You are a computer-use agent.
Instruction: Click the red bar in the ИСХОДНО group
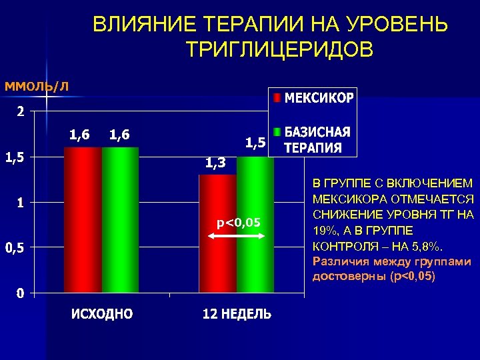83,220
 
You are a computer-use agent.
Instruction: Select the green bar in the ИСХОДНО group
120,220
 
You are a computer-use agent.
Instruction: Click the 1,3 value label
215,163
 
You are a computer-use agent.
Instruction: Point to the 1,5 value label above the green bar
255,142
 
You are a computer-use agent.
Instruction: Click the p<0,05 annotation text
238,222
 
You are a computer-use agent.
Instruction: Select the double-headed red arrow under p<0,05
237,233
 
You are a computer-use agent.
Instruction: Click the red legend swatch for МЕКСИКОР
277,98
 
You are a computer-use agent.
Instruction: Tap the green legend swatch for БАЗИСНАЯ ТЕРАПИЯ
277,131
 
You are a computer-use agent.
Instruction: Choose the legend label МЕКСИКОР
320,98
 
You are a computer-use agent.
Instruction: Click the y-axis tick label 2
21,112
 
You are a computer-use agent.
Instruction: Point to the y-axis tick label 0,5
15,249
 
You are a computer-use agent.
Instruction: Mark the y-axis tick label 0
21,293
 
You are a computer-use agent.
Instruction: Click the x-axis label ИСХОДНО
102,314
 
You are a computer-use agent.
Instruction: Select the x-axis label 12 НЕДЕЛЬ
237,314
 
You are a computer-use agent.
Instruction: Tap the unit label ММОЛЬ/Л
37,85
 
